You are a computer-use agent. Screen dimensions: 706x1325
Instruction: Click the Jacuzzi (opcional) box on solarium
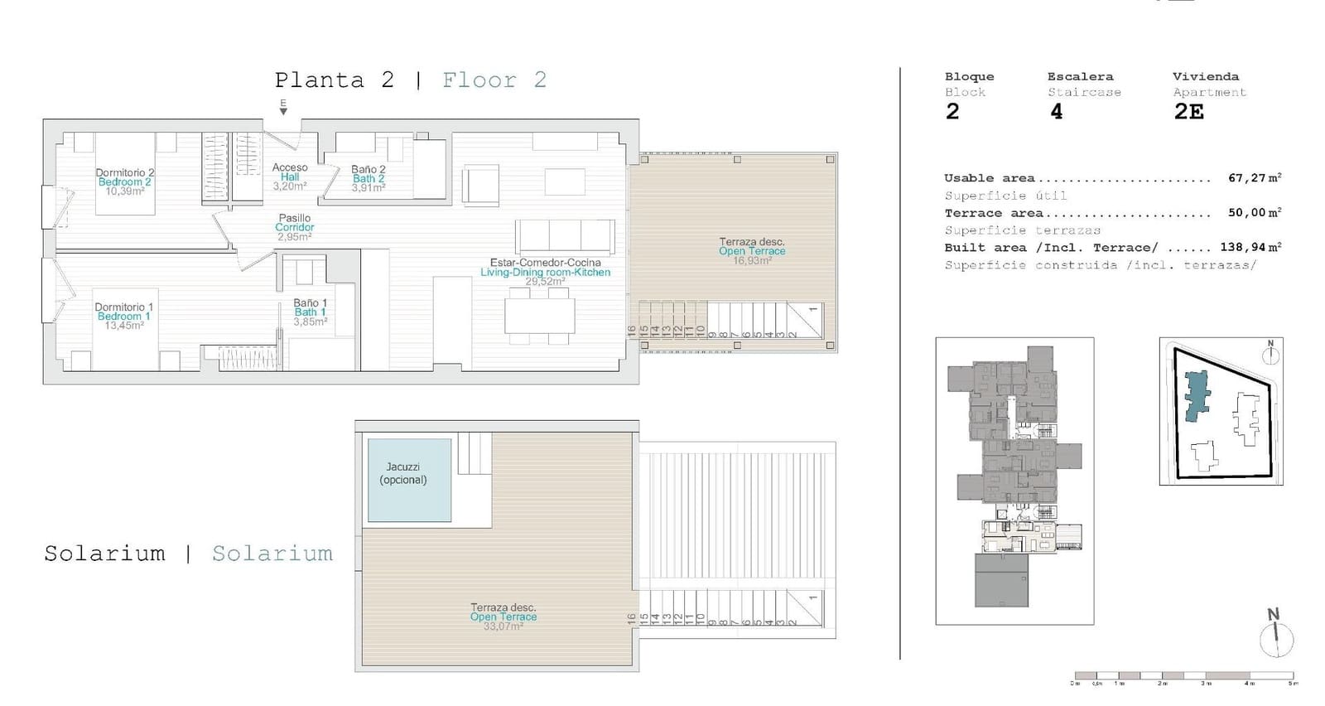(409, 480)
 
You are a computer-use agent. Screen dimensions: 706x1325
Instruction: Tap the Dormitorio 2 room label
(124, 172)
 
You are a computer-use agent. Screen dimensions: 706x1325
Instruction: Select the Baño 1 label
(310, 302)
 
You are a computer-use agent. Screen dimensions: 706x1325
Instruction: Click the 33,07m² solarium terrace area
(503, 626)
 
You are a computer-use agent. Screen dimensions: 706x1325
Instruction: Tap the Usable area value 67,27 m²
(1254, 178)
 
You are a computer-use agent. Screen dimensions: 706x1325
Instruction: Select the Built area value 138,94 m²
(1250, 247)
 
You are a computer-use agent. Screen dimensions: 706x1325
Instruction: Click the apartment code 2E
(1188, 112)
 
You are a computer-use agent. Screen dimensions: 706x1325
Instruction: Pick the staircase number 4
(1056, 112)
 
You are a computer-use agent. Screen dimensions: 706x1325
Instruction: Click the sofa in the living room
(565, 237)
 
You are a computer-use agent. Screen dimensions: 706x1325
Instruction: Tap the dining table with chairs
(539, 316)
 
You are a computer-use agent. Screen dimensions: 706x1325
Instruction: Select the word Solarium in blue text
(272, 554)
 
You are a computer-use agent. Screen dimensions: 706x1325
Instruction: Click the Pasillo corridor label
(294, 218)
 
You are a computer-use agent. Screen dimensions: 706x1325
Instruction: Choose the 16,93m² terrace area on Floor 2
(751, 260)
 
